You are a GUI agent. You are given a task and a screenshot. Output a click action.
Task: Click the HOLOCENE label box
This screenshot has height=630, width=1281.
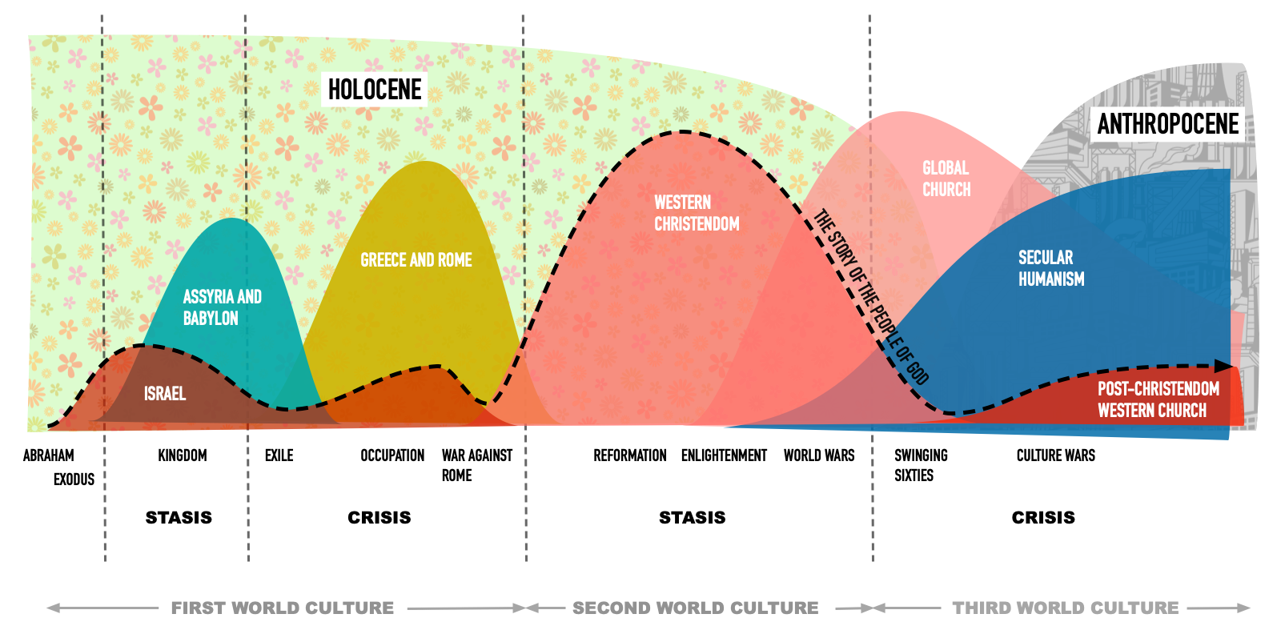coord(375,90)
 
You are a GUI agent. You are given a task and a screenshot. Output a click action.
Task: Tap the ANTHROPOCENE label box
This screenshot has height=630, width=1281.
coord(1167,124)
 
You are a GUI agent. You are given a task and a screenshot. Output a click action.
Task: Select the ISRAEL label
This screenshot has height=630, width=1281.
coord(165,394)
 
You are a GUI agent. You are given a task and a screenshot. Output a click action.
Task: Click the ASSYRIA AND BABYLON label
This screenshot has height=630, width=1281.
coord(222,307)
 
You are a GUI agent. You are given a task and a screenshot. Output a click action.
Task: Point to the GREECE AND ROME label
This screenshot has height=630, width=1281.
coord(416,260)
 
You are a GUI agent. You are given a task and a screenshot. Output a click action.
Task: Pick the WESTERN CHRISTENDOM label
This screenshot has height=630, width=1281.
coord(696,213)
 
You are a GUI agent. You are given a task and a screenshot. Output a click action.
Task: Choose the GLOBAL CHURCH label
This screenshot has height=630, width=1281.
coord(946,179)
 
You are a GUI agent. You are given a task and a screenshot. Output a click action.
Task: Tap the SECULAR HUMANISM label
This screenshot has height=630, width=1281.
coord(1051,268)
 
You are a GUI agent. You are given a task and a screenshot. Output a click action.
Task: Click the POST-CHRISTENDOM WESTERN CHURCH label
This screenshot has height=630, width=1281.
coord(1158,399)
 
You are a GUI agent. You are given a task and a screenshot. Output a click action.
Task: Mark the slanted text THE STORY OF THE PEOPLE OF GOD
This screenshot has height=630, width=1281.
coord(871,297)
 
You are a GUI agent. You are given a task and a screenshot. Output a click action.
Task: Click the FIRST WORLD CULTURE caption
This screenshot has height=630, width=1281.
coord(283,608)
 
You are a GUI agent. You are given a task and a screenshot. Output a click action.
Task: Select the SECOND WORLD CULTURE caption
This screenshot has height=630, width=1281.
coord(695,608)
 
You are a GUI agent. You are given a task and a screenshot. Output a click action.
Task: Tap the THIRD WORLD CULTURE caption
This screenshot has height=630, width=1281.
coord(1065,608)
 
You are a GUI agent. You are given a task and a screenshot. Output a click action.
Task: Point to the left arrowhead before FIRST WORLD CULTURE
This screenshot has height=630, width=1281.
coord(52,608)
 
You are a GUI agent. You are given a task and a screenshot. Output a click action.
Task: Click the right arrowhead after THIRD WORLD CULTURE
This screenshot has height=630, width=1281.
coord(1244,608)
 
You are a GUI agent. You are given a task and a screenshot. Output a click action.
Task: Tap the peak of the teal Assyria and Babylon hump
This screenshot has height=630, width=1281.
coord(232,219)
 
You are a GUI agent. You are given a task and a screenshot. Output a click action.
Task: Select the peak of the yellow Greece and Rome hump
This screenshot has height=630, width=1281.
coord(426,163)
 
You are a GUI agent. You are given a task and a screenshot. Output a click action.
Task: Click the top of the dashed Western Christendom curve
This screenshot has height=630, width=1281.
coord(683,132)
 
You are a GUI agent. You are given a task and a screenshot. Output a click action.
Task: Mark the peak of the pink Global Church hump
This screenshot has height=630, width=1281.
coord(902,112)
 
